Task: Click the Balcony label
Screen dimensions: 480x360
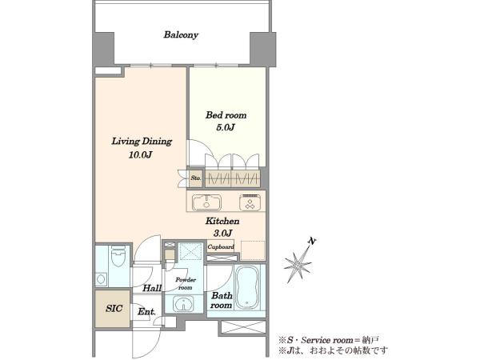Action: pos(181,34)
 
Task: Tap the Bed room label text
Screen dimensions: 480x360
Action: pos(226,115)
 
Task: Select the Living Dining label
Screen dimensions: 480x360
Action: pos(142,141)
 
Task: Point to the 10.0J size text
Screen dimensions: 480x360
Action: pos(141,155)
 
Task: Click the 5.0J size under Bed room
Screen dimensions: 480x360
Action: pos(226,127)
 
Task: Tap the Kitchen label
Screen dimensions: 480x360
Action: pos(222,221)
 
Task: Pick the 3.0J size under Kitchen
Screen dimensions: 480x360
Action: pos(222,234)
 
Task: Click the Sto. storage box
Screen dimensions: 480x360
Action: pos(196,178)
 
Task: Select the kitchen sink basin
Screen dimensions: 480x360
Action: pos(206,202)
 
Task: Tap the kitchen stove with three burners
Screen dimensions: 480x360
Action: pos(250,202)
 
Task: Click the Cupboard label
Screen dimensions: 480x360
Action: pos(221,246)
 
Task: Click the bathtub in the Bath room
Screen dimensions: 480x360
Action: pos(246,287)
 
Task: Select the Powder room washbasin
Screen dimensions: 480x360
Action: pos(183,304)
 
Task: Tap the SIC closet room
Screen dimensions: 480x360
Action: pos(112,309)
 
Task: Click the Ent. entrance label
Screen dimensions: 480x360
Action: pos(146,312)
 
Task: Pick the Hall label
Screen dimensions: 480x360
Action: pos(152,288)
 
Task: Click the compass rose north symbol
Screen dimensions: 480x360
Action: pos(297,262)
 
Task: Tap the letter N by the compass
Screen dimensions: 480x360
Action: pos(312,242)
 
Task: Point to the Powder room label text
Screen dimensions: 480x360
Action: pos(186,283)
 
